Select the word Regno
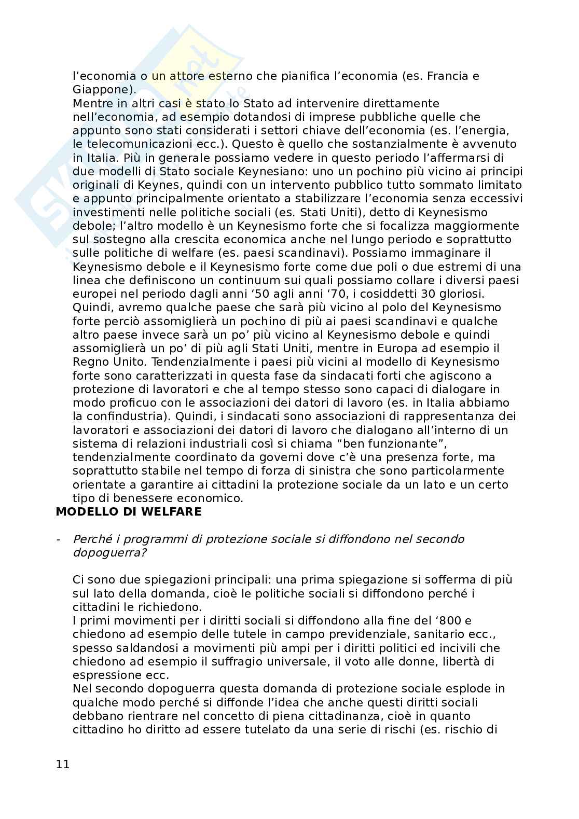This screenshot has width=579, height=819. click(x=89, y=362)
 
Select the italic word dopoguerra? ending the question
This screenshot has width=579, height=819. click(x=109, y=552)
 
